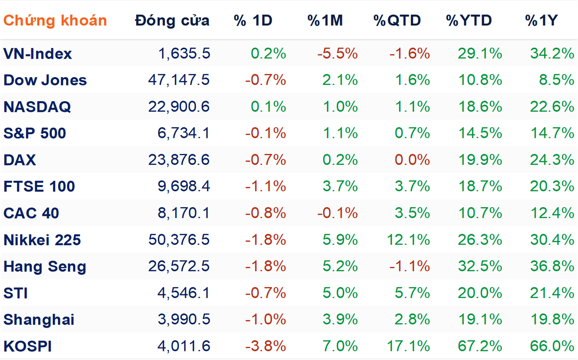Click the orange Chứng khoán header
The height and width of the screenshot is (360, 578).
(x=55, y=20)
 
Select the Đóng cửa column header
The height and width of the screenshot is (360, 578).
(x=172, y=20)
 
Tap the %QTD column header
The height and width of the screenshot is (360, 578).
(x=397, y=20)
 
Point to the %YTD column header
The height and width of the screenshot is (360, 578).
(x=469, y=20)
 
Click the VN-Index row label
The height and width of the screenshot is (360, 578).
(x=38, y=53)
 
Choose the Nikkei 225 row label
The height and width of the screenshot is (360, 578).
(x=42, y=240)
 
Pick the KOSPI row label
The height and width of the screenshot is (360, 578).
(x=27, y=347)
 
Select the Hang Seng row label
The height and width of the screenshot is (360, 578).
(x=45, y=267)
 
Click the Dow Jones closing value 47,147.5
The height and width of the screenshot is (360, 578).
(x=179, y=80)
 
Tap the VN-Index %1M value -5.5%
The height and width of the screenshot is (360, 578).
(x=338, y=53)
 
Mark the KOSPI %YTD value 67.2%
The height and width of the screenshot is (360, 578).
(x=480, y=346)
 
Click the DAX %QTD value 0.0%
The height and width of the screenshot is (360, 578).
(x=412, y=160)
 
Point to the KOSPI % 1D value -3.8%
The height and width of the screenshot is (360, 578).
(x=265, y=346)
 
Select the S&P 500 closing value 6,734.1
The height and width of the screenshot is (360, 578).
(x=184, y=133)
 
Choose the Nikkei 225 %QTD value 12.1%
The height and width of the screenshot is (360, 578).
(x=408, y=240)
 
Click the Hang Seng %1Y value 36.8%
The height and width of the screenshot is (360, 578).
(x=552, y=266)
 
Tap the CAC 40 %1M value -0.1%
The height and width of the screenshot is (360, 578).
(x=338, y=213)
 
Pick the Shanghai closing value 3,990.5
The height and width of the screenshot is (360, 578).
(x=184, y=320)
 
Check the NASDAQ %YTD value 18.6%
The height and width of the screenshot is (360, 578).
(x=480, y=107)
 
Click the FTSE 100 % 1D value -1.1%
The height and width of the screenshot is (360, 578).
(x=265, y=187)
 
